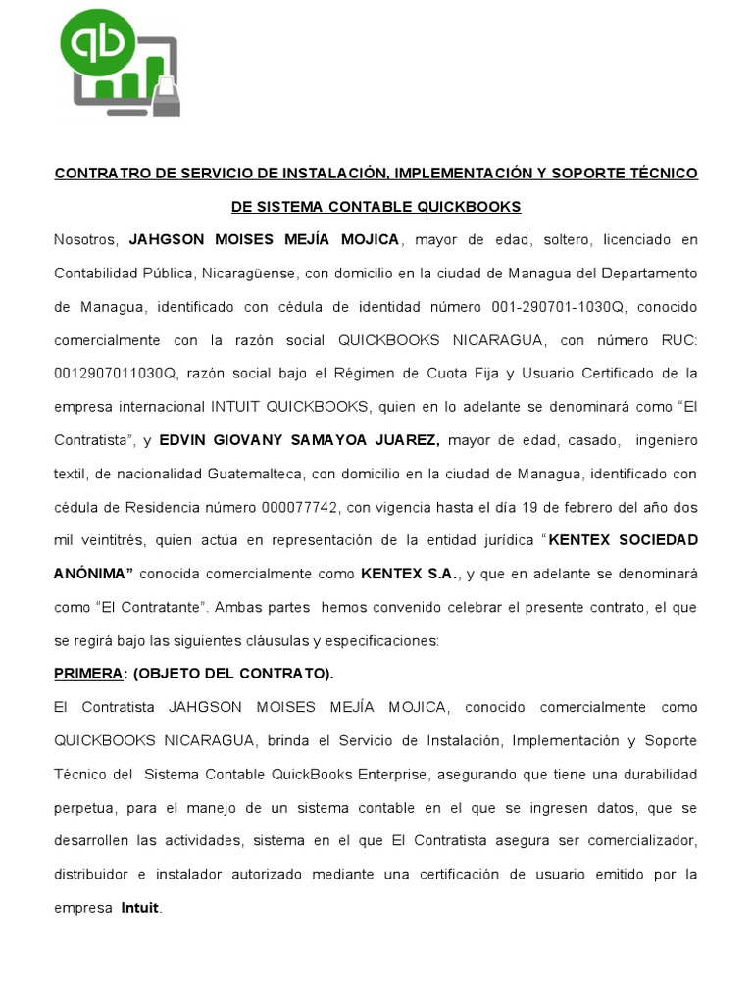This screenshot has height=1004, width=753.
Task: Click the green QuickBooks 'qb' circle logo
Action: pyautogui.click(x=98, y=42)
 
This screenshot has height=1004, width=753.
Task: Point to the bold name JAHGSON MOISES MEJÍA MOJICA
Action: pyautogui.click(x=264, y=240)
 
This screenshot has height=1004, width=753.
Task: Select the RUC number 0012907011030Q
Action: pyautogui.click(x=116, y=374)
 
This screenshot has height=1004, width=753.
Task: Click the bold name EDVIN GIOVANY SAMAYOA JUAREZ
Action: pyautogui.click(x=299, y=440)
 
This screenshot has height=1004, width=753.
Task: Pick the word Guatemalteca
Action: pyautogui.click(x=254, y=474)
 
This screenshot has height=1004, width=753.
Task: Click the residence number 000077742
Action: pyautogui.click(x=301, y=507)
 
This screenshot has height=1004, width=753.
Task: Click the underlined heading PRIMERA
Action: pyautogui.click(x=86, y=674)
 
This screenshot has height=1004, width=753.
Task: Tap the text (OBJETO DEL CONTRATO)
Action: pyautogui.click(x=233, y=674)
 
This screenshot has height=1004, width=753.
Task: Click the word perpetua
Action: pyautogui.click(x=84, y=808)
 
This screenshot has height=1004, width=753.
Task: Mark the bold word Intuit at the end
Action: pyautogui.click(x=139, y=908)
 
